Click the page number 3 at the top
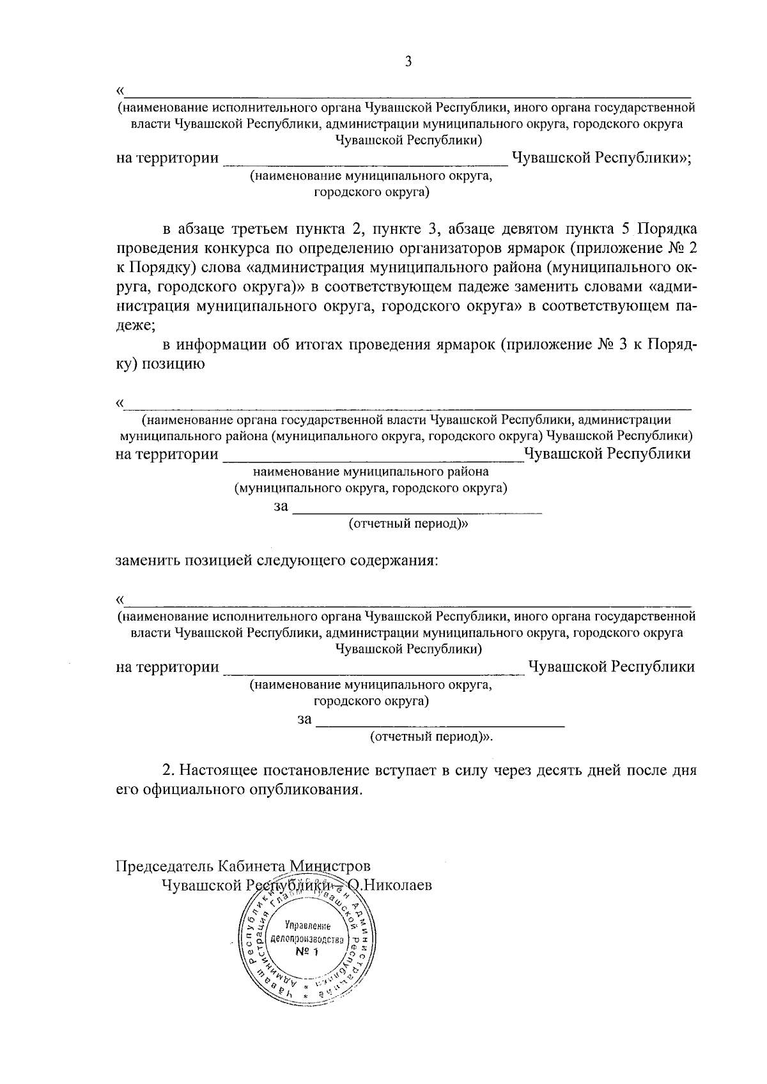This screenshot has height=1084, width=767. [408, 61]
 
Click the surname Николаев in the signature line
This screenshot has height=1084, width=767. [396, 885]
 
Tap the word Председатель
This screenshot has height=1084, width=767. [164, 867]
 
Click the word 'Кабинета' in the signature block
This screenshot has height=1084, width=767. [251, 867]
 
